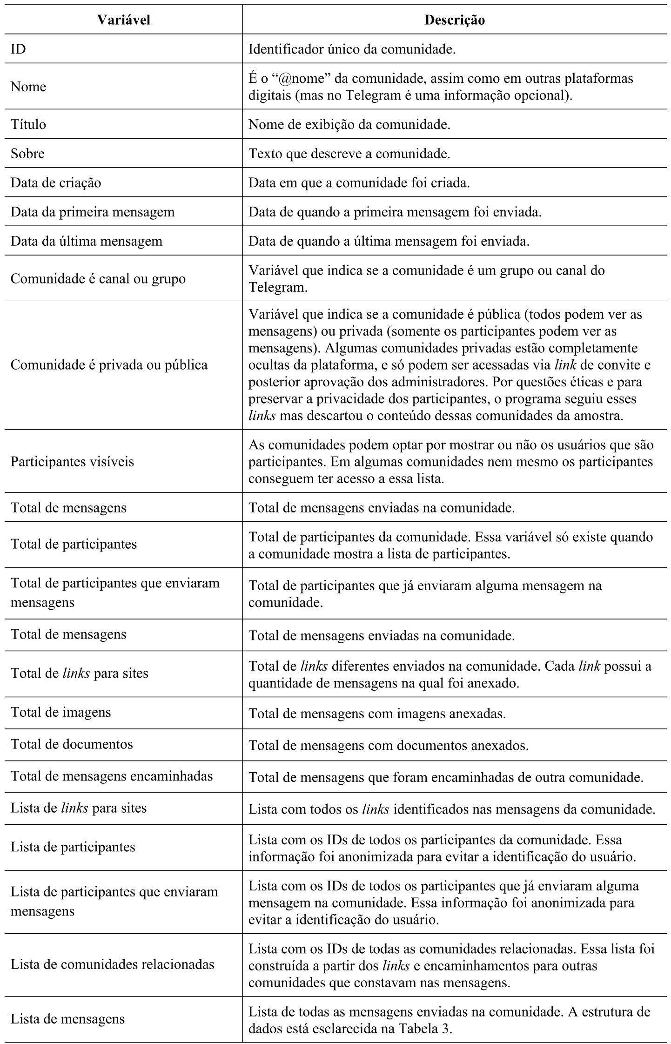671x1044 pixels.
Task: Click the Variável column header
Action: pyautogui.click(x=123, y=20)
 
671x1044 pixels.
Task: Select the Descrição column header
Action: pyautogui.click(x=455, y=20)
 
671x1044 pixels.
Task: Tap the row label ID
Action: pyautogui.click(x=18, y=49)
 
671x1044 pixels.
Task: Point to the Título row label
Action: pyautogui.click(x=28, y=124)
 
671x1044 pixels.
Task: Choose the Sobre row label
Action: pyautogui.click(x=27, y=154)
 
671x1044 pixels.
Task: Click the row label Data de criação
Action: pyautogui.click(x=56, y=182)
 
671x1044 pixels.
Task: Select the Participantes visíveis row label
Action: pyautogui.click(x=72, y=461)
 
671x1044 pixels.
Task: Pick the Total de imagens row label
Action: pyautogui.click(x=61, y=712)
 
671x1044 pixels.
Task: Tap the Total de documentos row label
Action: pyautogui.click(x=72, y=744)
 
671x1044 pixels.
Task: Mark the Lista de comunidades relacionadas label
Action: pyautogui.click(x=113, y=964)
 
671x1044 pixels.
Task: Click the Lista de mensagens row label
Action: pyautogui.click(x=67, y=1019)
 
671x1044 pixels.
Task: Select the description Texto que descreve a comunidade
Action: pyautogui.click(x=349, y=154)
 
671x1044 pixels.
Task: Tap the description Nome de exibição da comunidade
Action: pyautogui.click(x=349, y=124)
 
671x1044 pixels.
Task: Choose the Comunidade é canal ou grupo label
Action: pyautogui.click(x=98, y=279)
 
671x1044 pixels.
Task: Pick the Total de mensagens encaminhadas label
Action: pyautogui.click(x=112, y=776)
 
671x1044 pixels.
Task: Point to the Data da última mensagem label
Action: pyautogui.click(x=87, y=241)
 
